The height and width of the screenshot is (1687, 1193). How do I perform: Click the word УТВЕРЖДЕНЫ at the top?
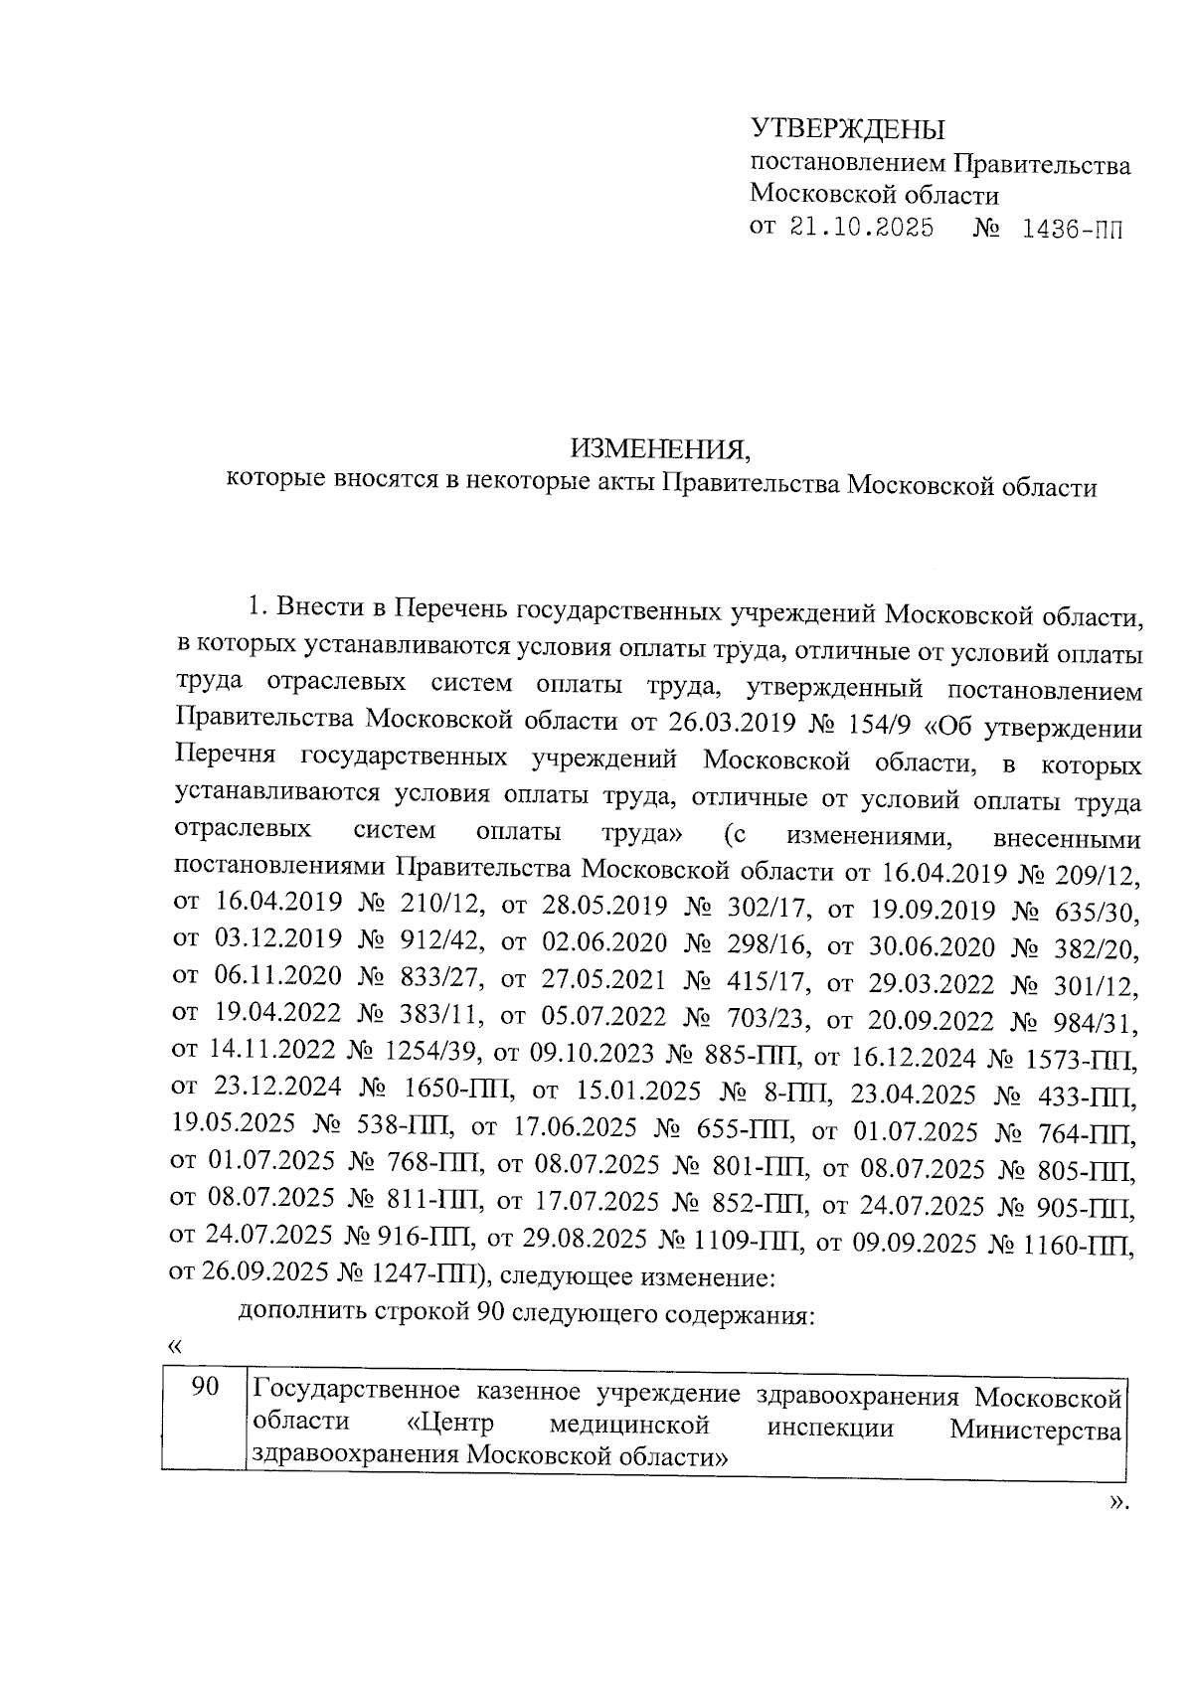tap(847, 129)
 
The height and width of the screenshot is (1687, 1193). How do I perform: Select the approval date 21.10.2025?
tap(862, 228)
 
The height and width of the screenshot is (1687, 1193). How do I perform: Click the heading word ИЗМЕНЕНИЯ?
tap(661, 449)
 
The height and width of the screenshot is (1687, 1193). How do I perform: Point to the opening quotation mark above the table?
tap(176, 1347)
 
